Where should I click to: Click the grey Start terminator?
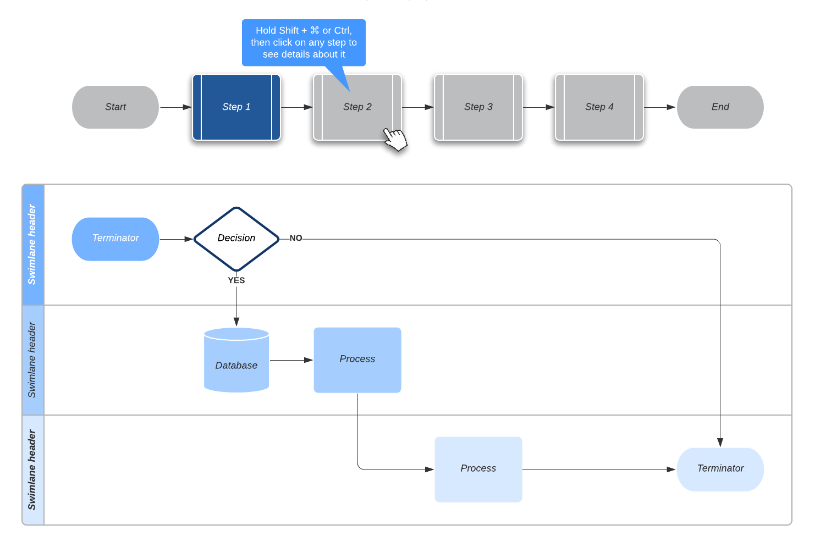point(115,107)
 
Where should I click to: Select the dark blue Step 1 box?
point(236,107)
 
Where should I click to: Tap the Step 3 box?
point(478,107)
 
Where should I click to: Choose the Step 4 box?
point(599,107)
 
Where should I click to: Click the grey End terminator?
point(720,107)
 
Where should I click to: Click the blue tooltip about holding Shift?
point(304,43)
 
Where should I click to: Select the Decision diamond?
point(236,239)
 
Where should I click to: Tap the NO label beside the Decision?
point(296,238)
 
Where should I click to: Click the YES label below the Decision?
point(236,280)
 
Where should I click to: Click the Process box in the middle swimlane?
point(357,360)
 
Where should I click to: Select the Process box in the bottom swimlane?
point(478,469)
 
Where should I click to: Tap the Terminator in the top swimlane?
point(115,239)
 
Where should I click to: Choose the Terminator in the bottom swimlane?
point(720,469)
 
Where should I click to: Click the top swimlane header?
point(33,245)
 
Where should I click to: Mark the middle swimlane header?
point(33,360)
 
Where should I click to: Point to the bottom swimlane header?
point(33,470)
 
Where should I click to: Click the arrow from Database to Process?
point(291,360)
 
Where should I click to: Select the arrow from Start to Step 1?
point(175,107)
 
